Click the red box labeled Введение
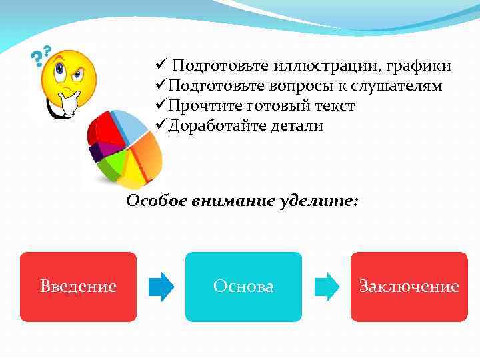point(78,287)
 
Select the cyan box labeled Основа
point(243,287)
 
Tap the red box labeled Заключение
point(409,287)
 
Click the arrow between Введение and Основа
point(161,287)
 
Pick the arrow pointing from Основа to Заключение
point(326,287)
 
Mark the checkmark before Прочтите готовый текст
point(160,106)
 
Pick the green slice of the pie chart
point(111,163)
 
